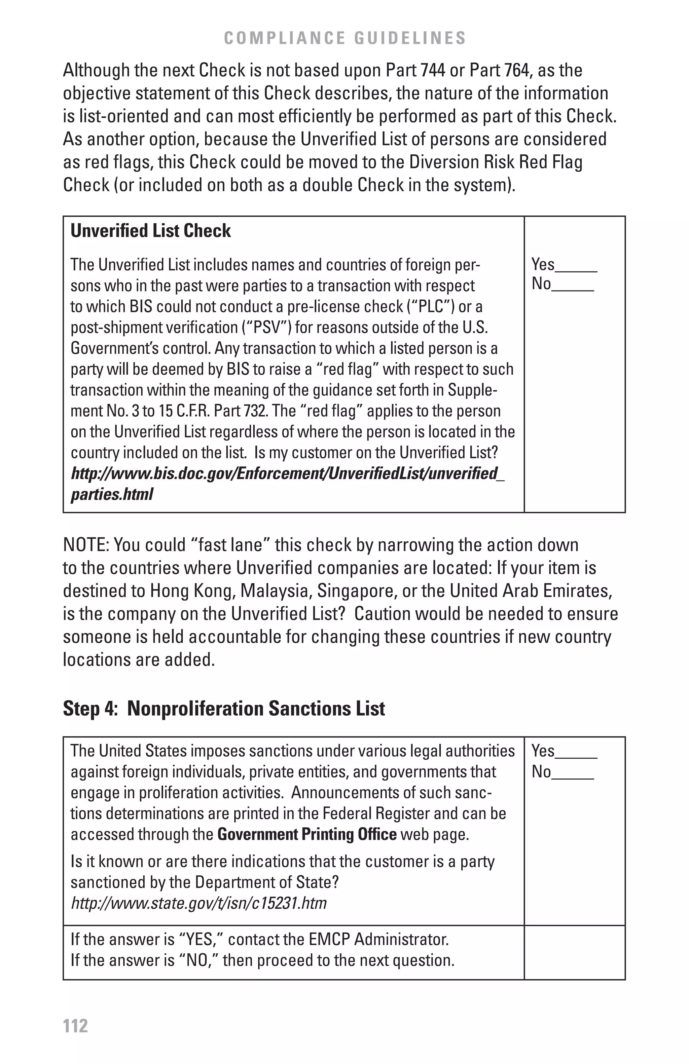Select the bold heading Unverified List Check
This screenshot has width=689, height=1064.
[x=151, y=231]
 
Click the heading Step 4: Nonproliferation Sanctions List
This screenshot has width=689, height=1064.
[x=224, y=709]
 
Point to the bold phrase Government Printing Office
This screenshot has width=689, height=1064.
[x=307, y=834]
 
